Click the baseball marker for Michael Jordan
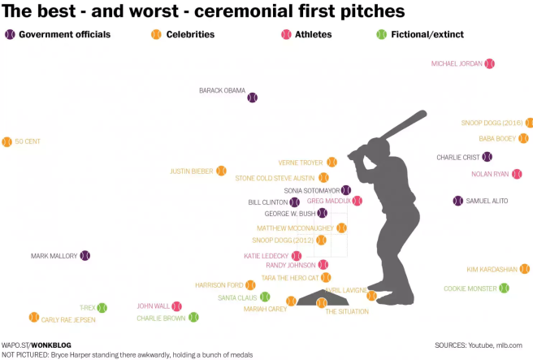click(x=489, y=63)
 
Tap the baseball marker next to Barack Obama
click(x=252, y=97)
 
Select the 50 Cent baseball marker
click(x=7, y=141)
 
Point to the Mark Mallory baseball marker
click(x=84, y=256)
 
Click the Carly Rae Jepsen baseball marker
click(x=33, y=317)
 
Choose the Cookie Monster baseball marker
click(x=504, y=288)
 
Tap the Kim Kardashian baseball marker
click(x=525, y=269)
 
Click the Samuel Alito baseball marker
click(x=457, y=201)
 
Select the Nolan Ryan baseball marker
click(x=516, y=174)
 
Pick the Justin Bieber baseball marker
click(x=220, y=171)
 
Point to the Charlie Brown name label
click(x=161, y=319)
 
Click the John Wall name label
click(x=153, y=306)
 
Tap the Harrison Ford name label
click(x=219, y=285)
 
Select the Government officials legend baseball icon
click(x=10, y=35)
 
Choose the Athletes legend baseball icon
click(x=286, y=35)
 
